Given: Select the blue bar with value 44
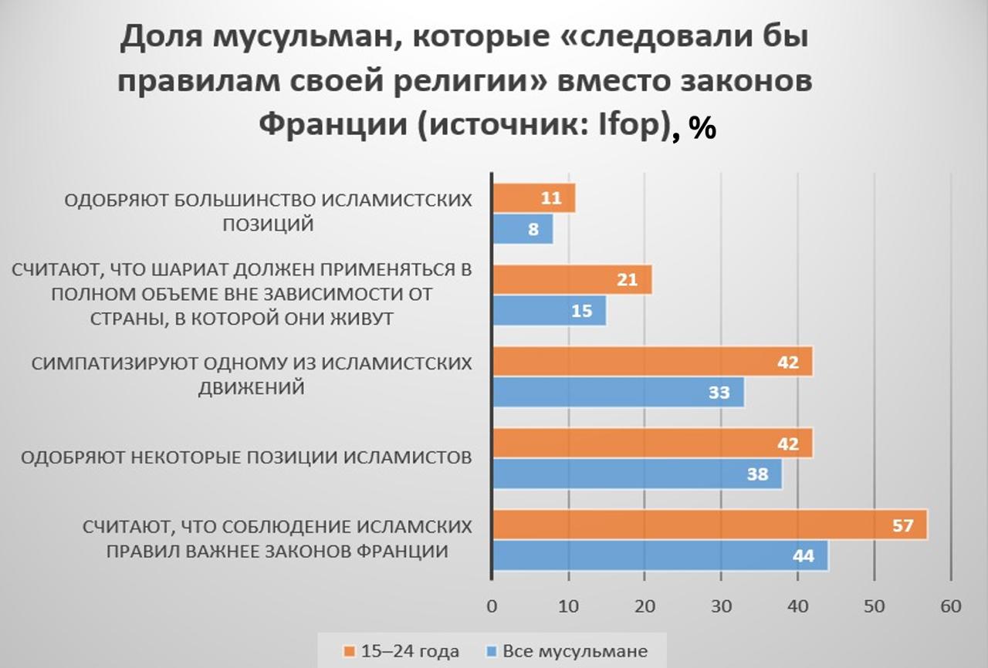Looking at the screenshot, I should coord(659,555).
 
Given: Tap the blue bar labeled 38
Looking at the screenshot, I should coord(637,474).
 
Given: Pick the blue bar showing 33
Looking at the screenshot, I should coord(617,392).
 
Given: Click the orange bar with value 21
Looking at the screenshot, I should coord(571,279).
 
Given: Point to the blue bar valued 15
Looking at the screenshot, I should coord(548,310).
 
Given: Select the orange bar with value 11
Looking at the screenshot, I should coord(533,197).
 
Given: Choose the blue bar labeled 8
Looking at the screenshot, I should coord(522,228).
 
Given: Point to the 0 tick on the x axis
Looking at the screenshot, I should coord(492,606).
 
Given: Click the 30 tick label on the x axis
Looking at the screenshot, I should coord(721,606).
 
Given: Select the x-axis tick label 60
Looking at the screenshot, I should coord(950,606).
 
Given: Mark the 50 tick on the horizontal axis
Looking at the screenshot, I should coord(874,606).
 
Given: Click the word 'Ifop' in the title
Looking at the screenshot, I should coord(631,124).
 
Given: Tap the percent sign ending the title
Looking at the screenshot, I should coord(702,127).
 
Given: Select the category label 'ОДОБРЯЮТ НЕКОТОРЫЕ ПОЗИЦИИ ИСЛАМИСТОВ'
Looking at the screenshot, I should coord(246,457).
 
